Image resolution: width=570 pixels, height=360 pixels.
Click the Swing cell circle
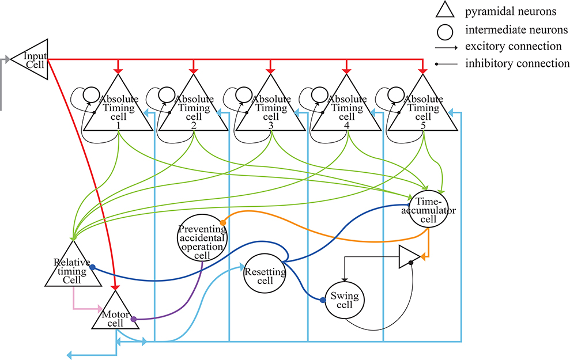click(x=345, y=300)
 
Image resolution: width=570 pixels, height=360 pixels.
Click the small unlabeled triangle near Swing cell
click(x=409, y=257)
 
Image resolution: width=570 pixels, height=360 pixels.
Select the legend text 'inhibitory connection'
click(x=517, y=63)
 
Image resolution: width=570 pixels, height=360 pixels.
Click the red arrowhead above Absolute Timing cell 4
click(x=346, y=70)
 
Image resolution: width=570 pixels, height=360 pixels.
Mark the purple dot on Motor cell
click(x=134, y=319)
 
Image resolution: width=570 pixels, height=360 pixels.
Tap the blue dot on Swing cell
click(x=323, y=300)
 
